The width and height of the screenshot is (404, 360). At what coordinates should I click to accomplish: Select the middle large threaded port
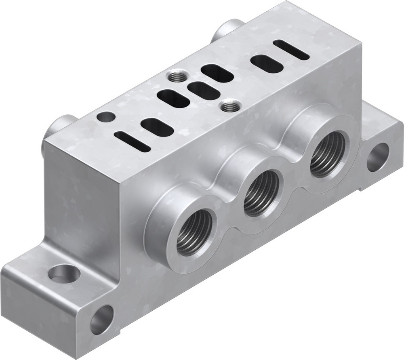[261, 192]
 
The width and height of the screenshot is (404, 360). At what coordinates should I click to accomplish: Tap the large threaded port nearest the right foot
[328, 154]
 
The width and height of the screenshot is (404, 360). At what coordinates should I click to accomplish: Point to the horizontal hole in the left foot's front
[101, 319]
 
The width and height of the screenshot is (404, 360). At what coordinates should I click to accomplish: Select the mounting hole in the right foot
[378, 157]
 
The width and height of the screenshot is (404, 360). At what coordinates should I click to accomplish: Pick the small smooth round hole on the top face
[106, 117]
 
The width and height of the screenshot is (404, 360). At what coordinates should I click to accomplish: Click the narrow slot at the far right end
[291, 50]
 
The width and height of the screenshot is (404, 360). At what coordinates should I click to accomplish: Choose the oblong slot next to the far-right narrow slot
[267, 64]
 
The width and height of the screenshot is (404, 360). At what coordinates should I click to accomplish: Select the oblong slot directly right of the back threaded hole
[217, 74]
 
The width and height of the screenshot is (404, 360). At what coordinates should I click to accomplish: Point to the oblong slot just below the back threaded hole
[173, 99]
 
